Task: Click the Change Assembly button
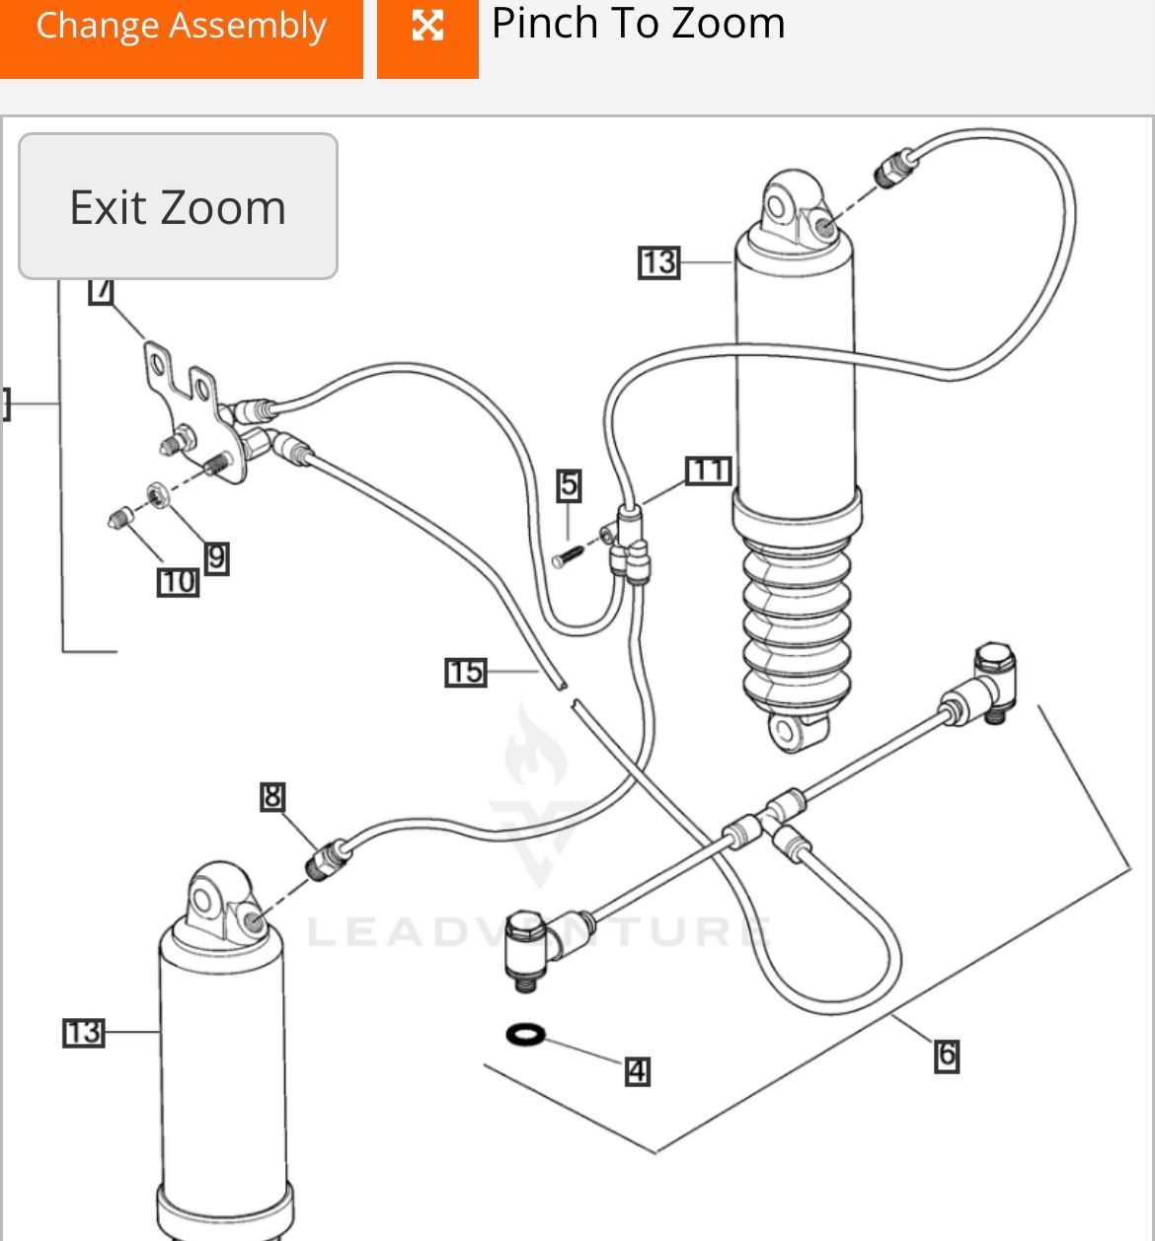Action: [x=181, y=28]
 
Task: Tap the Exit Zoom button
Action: [x=178, y=207]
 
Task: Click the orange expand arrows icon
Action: [x=427, y=27]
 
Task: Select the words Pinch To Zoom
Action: [x=638, y=24]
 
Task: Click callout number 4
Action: [x=638, y=1071]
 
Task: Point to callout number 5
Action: [x=569, y=484]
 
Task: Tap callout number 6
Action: [x=946, y=1056]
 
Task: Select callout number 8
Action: [x=272, y=796]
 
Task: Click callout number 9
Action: [x=216, y=558]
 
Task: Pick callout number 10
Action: [x=178, y=582]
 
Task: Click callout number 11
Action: [x=708, y=471]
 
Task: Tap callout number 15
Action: [x=465, y=673]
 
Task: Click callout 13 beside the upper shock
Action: [x=658, y=262]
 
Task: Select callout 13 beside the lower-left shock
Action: [x=83, y=1033]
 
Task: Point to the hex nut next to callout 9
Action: [x=156, y=492]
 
